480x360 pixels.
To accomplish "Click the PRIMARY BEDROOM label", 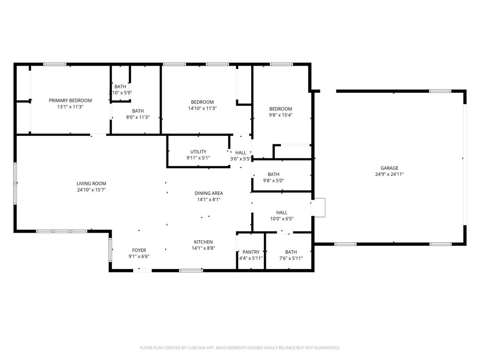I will click(70, 100).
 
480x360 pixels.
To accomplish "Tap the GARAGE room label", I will click(389, 168).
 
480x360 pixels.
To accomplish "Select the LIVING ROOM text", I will click(91, 183).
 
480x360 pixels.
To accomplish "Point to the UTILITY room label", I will click(198, 152).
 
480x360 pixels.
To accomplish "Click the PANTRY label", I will click(251, 252).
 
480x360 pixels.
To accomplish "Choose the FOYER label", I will click(139, 250).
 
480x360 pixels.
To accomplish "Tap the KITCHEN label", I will click(203, 242).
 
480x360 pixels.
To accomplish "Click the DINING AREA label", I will click(209, 193).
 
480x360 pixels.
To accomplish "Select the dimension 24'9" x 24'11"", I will click(389, 174).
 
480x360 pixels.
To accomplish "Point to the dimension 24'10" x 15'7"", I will click(91, 190).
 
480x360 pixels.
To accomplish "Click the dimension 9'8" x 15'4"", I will click(280, 115).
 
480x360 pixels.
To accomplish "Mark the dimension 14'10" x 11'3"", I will click(202, 108).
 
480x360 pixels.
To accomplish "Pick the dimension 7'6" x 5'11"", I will click(291, 258).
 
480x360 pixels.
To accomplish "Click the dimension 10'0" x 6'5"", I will click(281, 219).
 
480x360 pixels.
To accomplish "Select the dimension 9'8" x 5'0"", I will click(273, 180).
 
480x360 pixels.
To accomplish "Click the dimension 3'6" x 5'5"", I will click(240, 159).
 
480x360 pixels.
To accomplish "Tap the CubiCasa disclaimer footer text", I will click(240, 348).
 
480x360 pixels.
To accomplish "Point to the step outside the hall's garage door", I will click(319, 208).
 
